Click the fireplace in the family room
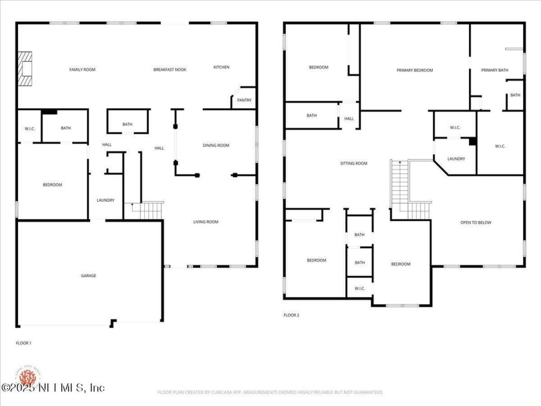pyautogui.click(x=25, y=68)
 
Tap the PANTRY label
pyautogui.click(x=244, y=100)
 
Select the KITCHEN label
pyautogui.click(x=222, y=67)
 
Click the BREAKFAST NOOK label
pyautogui.click(x=170, y=70)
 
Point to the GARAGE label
pyautogui.click(x=88, y=276)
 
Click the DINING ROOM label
pyautogui.click(x=216, y=146)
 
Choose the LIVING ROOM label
pyautogui.click(x=206, y=222)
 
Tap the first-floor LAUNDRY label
pyautogui.click(x=106, y=200)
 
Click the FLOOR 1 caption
pyautogui.click(x=24, y=343)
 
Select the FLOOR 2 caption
pyautogui.click(x=292, y=315)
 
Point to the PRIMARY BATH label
pyautogui.click(x=495, y=70)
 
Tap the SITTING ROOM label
pyautogui.click(x=354, y=164)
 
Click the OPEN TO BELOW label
pyautogui.click(x=475, y=223)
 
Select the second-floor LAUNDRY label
pyautogui.click(x=456, y=159)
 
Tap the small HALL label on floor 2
pyautogui.click(x=349, y=119)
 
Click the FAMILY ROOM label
pyautogui.click(x=82, y=70)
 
